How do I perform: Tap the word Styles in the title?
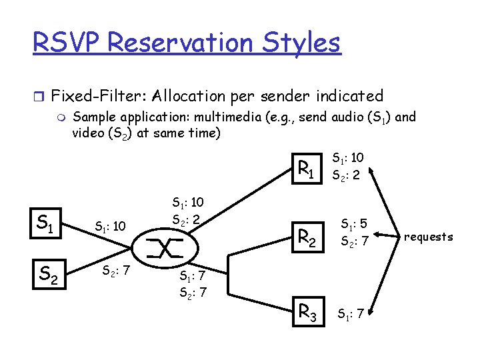[x=298, y=44]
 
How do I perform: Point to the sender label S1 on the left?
[x=45, y=223]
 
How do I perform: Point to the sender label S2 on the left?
[x=47, y=272]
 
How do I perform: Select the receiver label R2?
[x=307, y=236]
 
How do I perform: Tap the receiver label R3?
[x=307, y=311]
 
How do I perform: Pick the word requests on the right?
[x=428, y=237]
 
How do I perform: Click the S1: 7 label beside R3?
[x=351, y=313]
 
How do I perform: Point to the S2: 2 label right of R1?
[x=347, y=176]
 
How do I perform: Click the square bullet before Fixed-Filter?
[x=37, y=96]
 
